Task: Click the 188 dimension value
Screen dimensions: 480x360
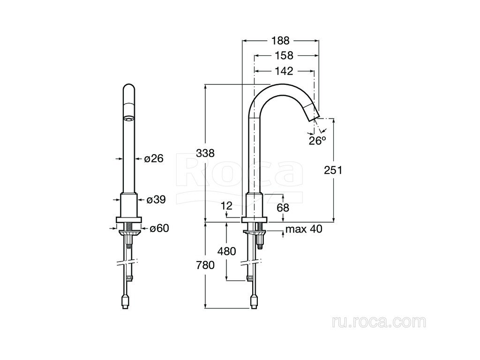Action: tap(280, 40)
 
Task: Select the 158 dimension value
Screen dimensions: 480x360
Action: tap(284, 55)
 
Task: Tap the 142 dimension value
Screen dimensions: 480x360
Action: tap(284, 71)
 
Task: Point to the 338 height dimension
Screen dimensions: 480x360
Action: tap(205, 153)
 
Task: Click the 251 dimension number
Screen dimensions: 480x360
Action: tap(333, 170)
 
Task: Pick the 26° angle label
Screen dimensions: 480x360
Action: tap(317, 141)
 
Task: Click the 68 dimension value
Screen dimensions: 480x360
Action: tap(283, 208)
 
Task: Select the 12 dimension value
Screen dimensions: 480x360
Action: tap(227, 206)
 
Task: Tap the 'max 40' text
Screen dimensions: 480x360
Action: tap(304, 229)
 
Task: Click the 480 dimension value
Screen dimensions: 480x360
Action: tap(226, 251)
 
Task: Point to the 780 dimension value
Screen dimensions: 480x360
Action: tap(205, 265)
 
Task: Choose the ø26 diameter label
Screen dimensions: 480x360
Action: tap(154, 158)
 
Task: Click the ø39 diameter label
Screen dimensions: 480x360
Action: tap(156, 200)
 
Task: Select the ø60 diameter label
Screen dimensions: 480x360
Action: tap(159, 228)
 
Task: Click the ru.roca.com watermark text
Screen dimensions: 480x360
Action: tap(379, 322)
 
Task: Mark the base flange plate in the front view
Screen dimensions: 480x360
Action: tap(129, 219)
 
